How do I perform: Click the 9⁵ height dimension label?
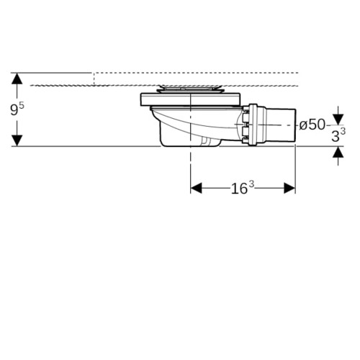tap(17, 109)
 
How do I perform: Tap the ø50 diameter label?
tap(312, 125)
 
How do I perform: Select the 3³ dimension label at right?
tap(338, 136)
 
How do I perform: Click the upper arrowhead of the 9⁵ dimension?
tap(17, 78)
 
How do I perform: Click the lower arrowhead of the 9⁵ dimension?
tap(17, 140)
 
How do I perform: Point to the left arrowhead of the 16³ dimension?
tap(196, 188)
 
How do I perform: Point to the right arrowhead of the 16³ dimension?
tap(289, 188)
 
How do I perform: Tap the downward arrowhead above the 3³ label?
tap(338, 120)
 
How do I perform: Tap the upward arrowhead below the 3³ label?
tap(338, 152)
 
